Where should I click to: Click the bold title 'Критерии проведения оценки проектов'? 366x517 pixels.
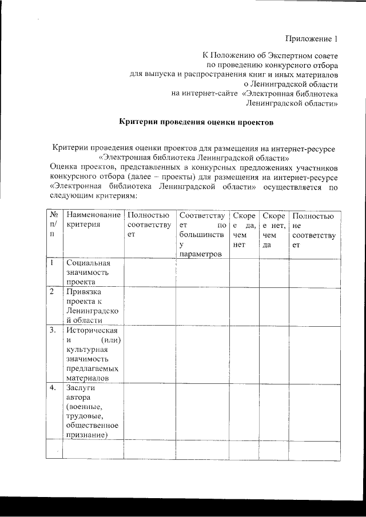(196, 122)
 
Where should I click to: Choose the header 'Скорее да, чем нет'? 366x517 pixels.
(244, 230)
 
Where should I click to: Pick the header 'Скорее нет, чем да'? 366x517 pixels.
(273, 230)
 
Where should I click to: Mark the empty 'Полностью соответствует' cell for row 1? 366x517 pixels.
(149, 272)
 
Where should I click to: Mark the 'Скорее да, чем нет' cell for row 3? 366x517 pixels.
(244, 354)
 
